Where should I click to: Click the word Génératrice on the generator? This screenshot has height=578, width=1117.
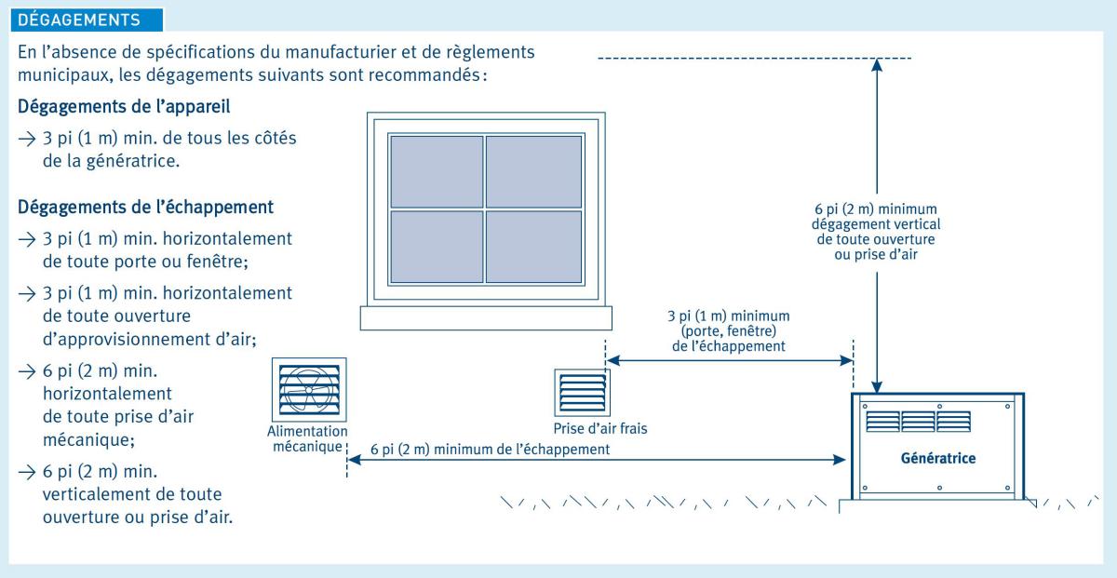(937, 459)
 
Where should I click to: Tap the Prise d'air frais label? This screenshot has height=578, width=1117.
(598, 428)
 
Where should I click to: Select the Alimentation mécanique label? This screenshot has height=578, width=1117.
(306, 438)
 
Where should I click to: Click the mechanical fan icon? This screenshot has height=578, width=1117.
(310, 391)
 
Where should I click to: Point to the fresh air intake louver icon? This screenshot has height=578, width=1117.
(581, 392)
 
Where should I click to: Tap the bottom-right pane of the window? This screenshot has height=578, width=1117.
(534, 249)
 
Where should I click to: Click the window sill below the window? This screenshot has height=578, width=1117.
(486, 318)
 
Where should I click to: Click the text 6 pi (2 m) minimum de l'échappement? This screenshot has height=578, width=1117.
(490, 450)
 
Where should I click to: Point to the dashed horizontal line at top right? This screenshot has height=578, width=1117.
(754, 59)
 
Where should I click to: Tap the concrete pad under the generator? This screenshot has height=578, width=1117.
(935, 504)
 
